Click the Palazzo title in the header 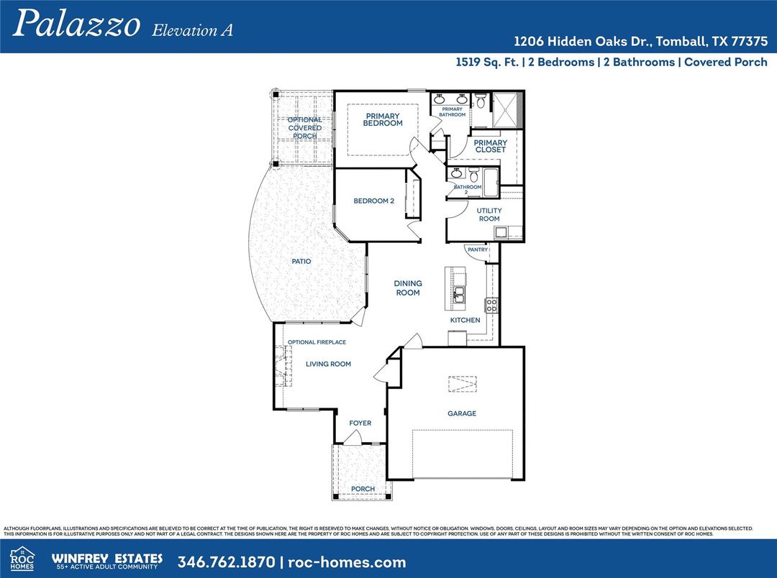click(x=76, y=23)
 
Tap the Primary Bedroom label click(x=383, y=119)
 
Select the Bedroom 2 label click(x=373, y=201)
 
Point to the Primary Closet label click(x=490, y=146)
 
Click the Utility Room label click(x=489, y=214)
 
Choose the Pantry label click(x=478, y=250)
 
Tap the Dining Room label click(x=408, y=288)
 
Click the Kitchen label click(x=465, y=320)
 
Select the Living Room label click(x=328, y=364)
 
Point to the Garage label click(x=462, y=413)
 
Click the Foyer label click(x=360, y=423)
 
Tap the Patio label click(x=301, y=262)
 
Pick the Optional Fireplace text click(x=317, y=342)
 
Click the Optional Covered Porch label click(x=304, y=128)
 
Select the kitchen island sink click(x=459, y=295)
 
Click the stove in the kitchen click(x=491, y=305)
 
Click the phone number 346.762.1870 click(x=227, y=562)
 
